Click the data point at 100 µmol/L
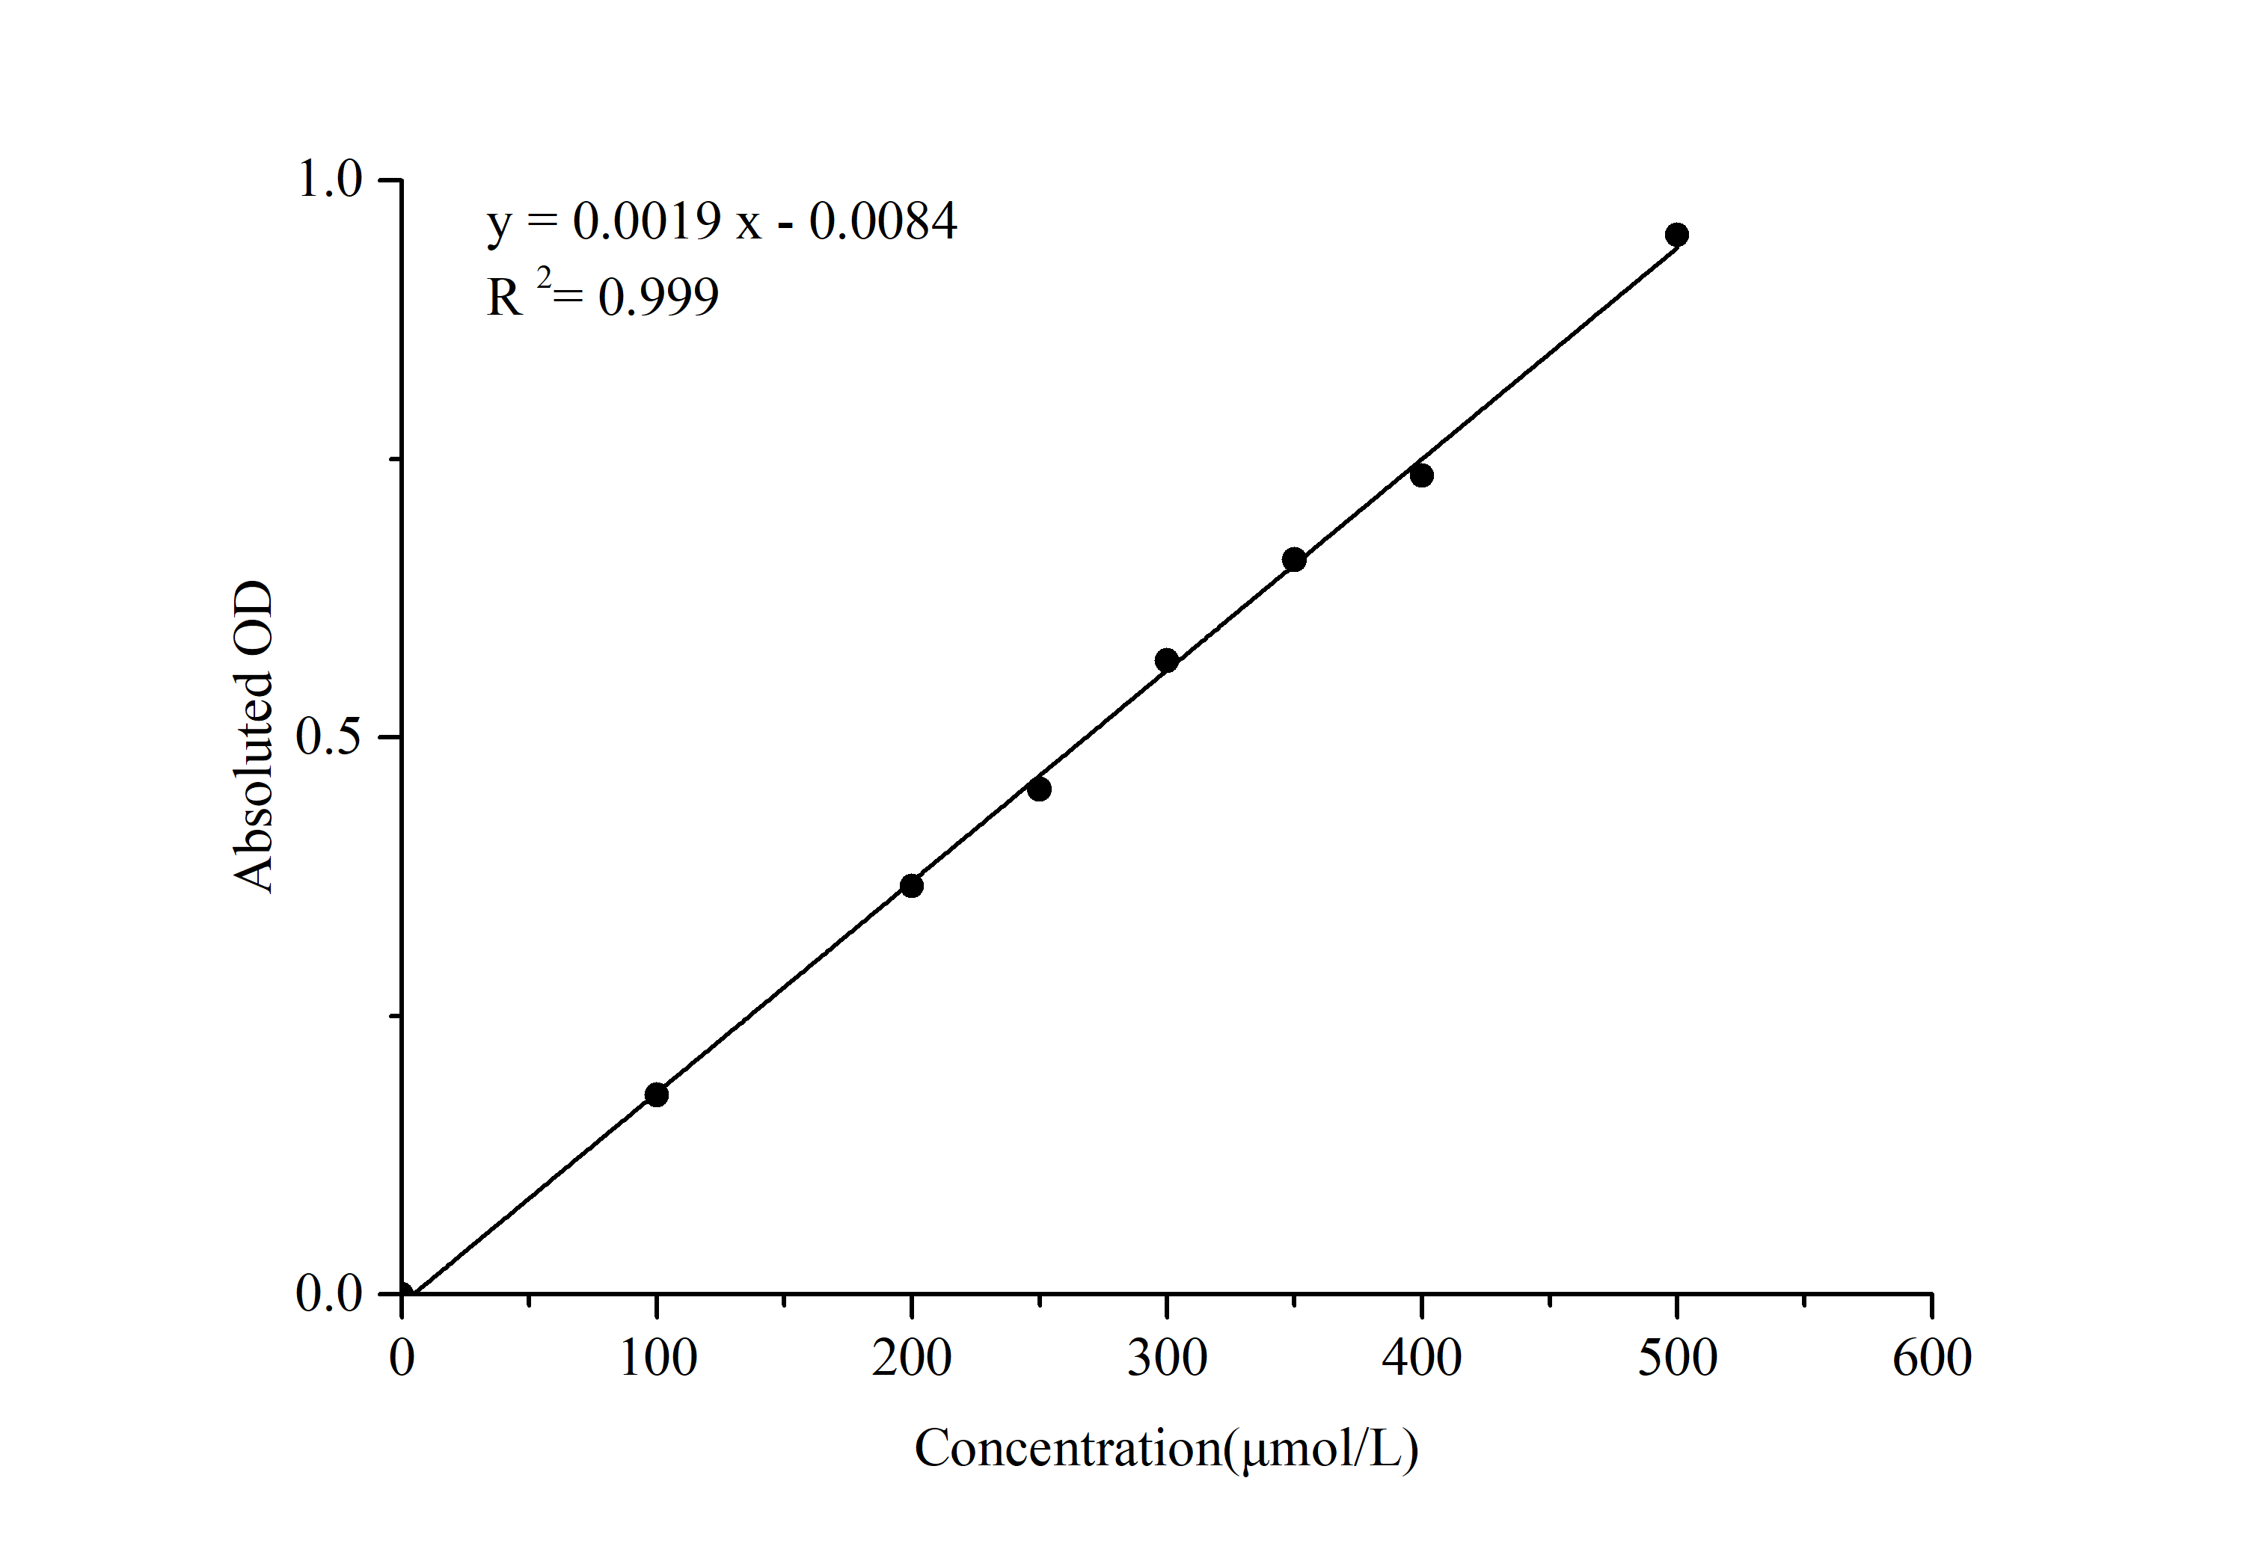[657, 1095]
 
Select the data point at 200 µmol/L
[911, 886]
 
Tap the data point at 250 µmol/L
[1039, 789]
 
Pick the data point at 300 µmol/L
[1166, 660]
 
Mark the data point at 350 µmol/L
[1294, 559]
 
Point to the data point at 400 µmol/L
[1421, 475]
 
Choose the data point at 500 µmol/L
[1677, 234]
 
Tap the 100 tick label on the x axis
[657, 1358]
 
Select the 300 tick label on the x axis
[1167, 1358]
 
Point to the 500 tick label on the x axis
[1677, 1358]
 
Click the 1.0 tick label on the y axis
[329, 180]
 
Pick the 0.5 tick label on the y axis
[329, 737]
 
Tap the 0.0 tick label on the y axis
[329, 1294]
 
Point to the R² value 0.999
[658, 297]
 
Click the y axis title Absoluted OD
[254, 736]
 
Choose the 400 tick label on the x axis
[1422, 1358]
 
